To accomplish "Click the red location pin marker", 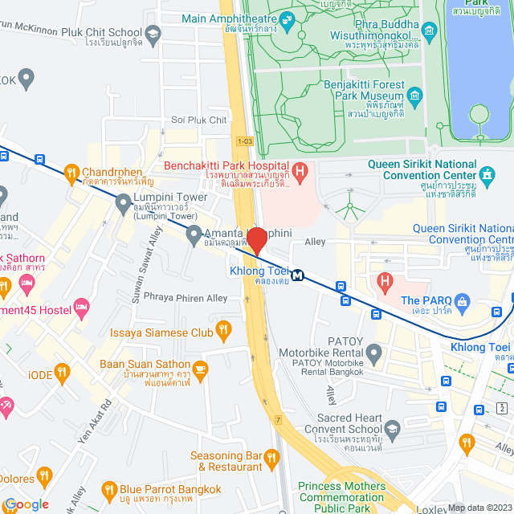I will (256, 240).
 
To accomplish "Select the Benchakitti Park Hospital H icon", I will (300, 170).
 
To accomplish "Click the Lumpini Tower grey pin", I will (123, 206).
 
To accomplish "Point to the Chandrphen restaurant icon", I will (71, 172).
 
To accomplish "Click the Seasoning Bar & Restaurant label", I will (226, 461).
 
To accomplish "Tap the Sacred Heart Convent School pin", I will (392, 428).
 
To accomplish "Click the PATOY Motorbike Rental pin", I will (374, 351).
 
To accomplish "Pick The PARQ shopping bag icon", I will (461, 301).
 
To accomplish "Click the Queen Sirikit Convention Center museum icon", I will (487, 173).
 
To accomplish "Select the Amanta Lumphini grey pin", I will (194, 235).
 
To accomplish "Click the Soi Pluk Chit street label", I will (199, 120).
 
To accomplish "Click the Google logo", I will (26, 504).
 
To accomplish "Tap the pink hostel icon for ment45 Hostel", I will (81, 307).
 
